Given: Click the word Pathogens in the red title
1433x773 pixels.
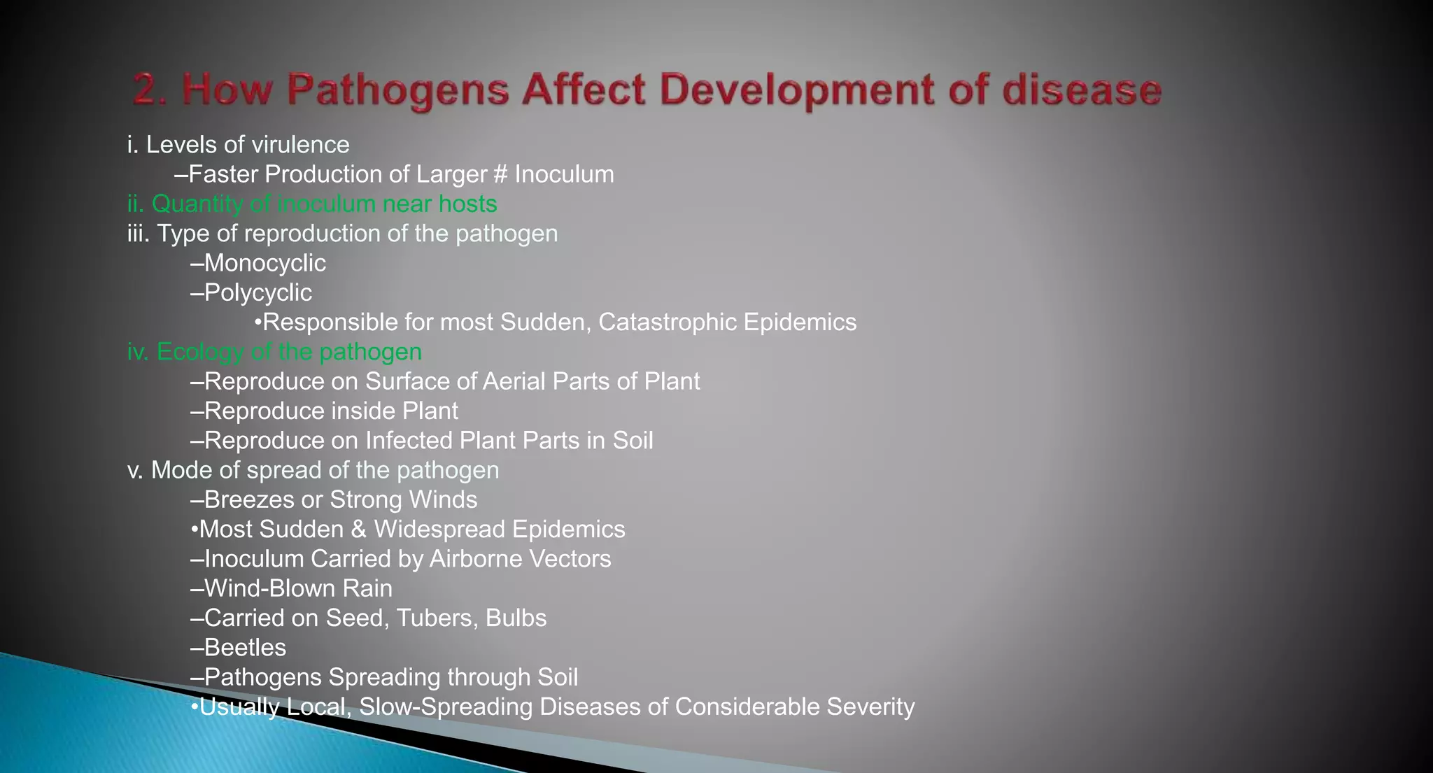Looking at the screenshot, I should click(397, 91).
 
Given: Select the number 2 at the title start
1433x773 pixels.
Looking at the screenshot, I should click(145, 91).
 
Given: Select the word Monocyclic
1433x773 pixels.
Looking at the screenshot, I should click(264, 263).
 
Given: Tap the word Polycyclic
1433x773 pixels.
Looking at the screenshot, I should click(257, 292).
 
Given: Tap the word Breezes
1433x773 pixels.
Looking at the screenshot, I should click(249, 499).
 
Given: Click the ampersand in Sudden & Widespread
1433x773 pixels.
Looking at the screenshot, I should click(358, 530).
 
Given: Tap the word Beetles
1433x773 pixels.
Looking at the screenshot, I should click(245, 648).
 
